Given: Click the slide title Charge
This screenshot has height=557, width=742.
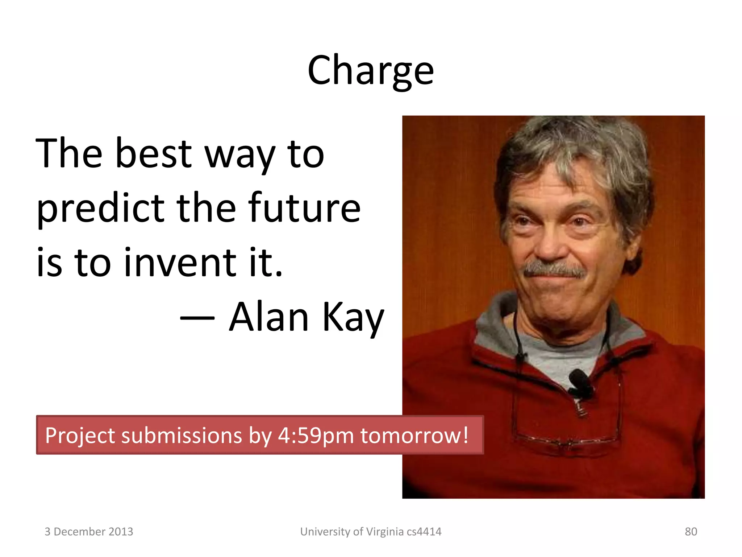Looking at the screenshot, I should pos(370,71).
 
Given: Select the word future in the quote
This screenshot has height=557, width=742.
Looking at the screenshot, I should pos(306,208).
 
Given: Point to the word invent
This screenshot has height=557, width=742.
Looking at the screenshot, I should pos(180,263).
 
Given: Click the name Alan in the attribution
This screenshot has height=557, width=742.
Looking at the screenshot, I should pos(269,317).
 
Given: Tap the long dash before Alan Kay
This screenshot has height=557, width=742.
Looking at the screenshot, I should pos(197,318).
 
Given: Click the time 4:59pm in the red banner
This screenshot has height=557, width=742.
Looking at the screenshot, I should pos(315,436).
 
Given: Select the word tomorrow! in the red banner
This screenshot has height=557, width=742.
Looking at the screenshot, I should pos(414,436).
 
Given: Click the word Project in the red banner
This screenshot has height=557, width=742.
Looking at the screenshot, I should pos(80,436).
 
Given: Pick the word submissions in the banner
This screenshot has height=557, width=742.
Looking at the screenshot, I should pos(181,436).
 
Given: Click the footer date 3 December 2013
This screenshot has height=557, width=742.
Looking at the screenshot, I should pos(89,532).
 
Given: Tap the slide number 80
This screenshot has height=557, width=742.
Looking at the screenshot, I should pos(691,532).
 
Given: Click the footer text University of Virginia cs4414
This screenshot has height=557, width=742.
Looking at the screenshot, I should pos(371,532).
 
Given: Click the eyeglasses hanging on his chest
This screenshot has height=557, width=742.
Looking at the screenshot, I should pos(567,441).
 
